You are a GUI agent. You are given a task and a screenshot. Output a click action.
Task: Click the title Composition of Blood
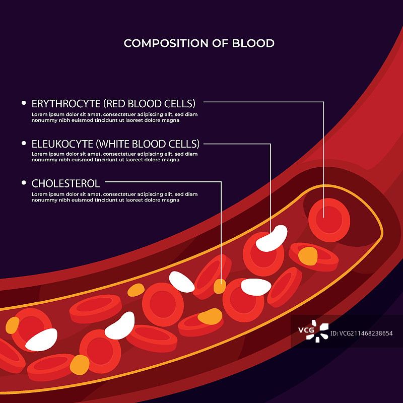(199, 43)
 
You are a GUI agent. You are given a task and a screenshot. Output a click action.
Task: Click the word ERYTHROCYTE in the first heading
(66, 104)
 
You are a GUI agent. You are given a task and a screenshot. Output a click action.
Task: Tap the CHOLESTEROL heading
(65, 183)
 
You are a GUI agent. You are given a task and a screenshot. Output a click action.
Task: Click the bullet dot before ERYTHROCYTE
(24, 103)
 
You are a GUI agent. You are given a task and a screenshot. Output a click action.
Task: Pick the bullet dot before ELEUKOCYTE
(24, 143)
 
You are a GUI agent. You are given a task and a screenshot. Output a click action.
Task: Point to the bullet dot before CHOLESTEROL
(24, 183)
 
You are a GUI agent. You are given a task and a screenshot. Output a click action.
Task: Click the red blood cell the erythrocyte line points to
(329, 220)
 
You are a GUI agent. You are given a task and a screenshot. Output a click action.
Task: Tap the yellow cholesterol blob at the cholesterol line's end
(219, 287)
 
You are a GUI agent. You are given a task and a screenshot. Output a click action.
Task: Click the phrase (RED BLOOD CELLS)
(149, 104)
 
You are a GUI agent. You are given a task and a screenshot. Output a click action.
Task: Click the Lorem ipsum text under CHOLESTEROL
(114, 197)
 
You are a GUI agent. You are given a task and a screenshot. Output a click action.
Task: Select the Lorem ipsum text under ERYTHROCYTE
(114, 117)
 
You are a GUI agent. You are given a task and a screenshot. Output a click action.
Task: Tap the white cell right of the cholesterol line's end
(256, 287)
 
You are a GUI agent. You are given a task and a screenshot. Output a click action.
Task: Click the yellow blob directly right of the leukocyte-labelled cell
(307, 256)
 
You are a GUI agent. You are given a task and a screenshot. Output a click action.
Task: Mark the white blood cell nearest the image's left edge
(41, 340)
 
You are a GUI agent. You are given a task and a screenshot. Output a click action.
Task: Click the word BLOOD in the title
(253, 43)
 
